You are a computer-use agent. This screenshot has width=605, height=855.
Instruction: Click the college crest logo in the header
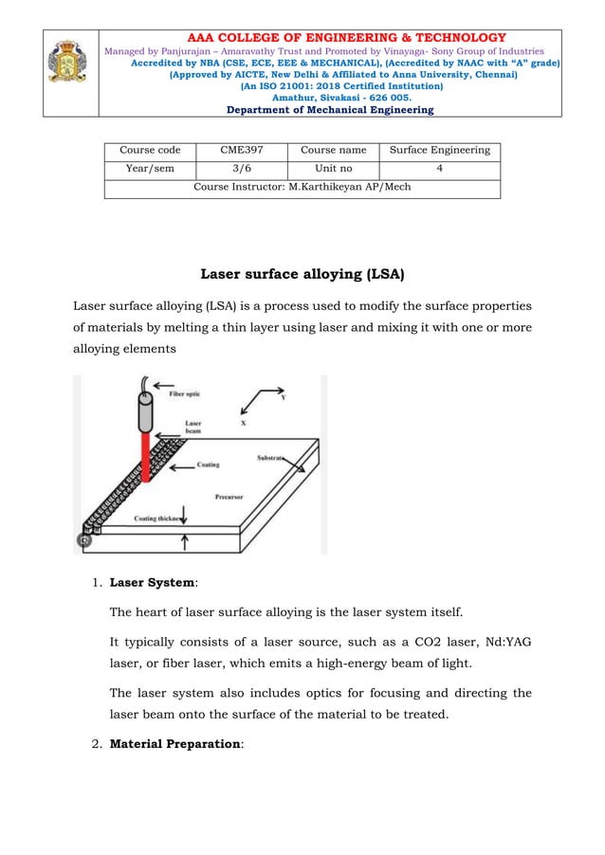click(66, 64)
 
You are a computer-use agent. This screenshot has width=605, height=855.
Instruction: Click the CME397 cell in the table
click(242, 150)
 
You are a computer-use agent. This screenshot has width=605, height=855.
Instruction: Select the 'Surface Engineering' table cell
click(440, 150)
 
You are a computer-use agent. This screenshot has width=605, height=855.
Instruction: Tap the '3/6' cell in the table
click(242, 169)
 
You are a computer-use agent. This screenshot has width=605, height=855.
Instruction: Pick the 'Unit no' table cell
click(333, 169)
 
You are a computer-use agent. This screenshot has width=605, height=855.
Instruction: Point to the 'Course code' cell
click(150, 150)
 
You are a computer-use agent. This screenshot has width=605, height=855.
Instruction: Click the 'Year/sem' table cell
click(150, 169)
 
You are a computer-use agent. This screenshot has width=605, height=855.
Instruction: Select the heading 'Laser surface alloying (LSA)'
click(302, 276)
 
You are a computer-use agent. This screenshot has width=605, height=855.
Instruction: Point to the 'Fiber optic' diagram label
click(185, 394)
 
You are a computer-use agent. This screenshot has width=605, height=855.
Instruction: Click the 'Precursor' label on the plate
click(229, 496)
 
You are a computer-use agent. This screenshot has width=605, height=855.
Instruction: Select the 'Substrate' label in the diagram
click(271, 457)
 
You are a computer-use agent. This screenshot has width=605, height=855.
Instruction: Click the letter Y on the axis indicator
click(283, 398)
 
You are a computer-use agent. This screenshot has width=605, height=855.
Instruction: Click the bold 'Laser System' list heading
click(153, 582)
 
